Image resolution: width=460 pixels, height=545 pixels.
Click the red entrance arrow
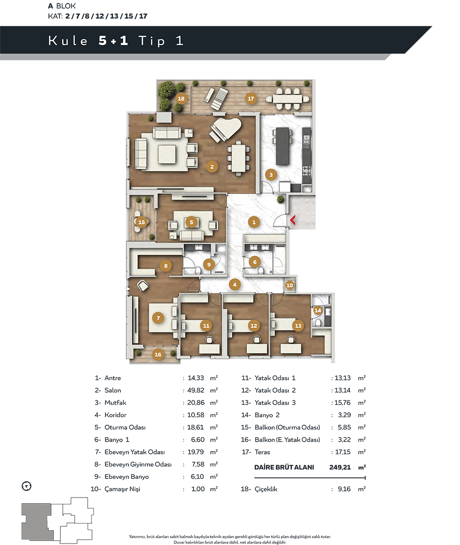[292, 220]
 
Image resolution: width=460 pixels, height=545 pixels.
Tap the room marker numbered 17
[251, 99]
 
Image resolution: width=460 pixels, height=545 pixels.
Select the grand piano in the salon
[225, 129]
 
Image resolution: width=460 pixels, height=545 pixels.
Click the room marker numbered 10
[289, 285]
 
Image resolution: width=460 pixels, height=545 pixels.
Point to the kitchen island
[282, 146]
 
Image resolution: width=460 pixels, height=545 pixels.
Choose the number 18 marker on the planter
[181, 99]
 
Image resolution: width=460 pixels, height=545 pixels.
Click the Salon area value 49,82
[196, 390]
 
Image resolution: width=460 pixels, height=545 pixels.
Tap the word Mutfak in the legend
[115, 402]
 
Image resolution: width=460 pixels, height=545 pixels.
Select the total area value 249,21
[340, 467]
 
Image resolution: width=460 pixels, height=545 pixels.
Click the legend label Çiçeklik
[266, 489]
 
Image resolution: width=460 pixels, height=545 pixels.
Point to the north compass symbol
[26, 486]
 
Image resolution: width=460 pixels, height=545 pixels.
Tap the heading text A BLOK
[62, 6]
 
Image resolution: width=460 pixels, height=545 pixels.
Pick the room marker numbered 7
[158, 318]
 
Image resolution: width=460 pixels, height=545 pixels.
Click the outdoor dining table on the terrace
[287, 99]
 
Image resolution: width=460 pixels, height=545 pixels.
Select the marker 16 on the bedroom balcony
[158, 354]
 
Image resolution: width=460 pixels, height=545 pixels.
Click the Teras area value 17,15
[343, 452]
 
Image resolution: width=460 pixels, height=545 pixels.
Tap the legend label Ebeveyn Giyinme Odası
[138, 465]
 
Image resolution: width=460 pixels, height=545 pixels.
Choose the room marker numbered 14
[318, 310]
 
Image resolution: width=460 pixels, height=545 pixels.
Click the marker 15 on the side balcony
[141, 222]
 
